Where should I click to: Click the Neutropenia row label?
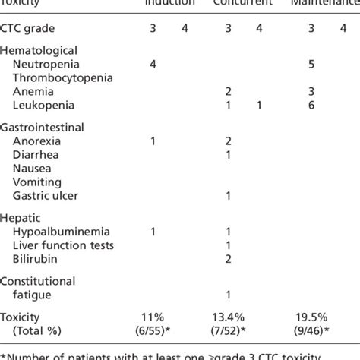[52, 64]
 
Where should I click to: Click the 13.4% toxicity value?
[229, 317]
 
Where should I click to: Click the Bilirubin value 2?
[229, 258]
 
